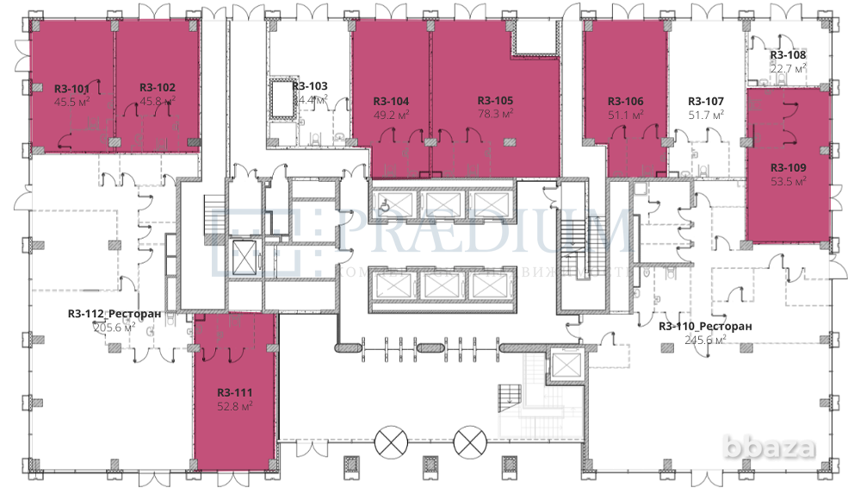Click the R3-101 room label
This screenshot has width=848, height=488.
(71, 88)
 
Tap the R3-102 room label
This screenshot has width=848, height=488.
(158, 88)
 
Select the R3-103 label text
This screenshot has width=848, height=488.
(310, 86)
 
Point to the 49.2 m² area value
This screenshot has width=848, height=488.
(391, 113)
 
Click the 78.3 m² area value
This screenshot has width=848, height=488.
(495, 112)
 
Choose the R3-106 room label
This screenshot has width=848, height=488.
(625, 101)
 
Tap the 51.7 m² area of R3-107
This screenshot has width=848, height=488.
(706, 113)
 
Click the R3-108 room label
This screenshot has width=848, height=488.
(788, 55)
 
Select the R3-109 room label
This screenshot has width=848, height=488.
(788, 167)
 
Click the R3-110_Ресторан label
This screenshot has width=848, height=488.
(704, 326)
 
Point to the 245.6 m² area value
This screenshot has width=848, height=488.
(704, 339)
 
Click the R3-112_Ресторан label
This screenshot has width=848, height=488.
(115, 314)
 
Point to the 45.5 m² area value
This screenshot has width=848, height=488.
(71, 101)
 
